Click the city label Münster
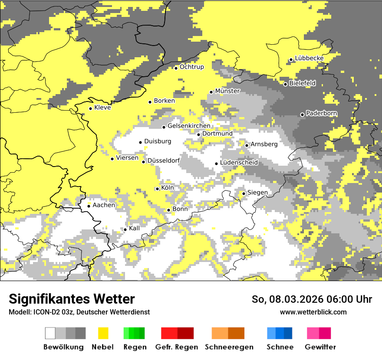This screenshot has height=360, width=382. tap(227, 91)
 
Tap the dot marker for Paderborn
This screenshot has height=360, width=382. tap(303, 115)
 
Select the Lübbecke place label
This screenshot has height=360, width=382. tap(309, 58)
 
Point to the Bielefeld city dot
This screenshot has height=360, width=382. tap(285, 84)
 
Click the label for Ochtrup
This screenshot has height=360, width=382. tap(191, 67)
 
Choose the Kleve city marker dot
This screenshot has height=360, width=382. tap(90, 108)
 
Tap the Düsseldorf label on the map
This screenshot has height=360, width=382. tap(164, 160)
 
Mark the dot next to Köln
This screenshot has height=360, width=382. tap(157, 189)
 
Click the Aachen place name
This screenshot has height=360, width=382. tap(104, 205)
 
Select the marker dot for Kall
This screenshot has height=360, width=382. tap(125, 229)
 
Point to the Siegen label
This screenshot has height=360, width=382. tap(257, 193)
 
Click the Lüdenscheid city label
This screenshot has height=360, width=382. tap(239, 163)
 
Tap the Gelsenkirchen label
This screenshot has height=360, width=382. tap(189, 126)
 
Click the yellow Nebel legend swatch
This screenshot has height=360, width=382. tap(103, 333)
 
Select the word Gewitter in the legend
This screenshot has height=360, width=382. tap(320, 347)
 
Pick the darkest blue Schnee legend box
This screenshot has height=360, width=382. tap(288, 333)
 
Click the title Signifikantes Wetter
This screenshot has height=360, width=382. tap(72, 299)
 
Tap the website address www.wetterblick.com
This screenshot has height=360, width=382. tap(313, 312)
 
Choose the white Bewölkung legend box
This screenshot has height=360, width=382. tap(50, 333)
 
